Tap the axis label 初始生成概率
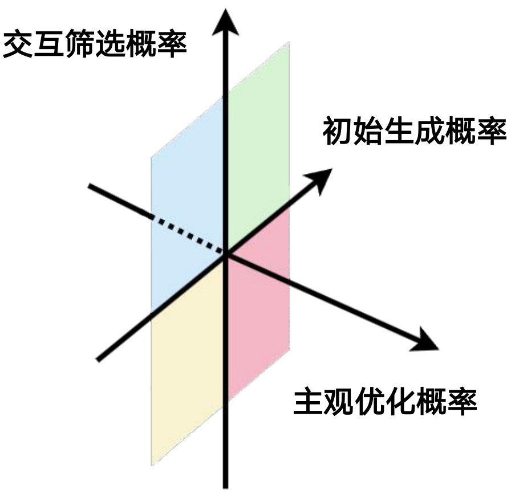pyautogui.click(x=415, y=132)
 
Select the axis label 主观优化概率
pyautogui.click(x=385, y=403)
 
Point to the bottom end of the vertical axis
pyautogui.click(x=226, y=485)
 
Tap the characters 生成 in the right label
pyautogui.click(x=415, y=132)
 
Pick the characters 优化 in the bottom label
pyautogui.click(x=385, y=403)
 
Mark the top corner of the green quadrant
pyautogui.click(x=289, y=43)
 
